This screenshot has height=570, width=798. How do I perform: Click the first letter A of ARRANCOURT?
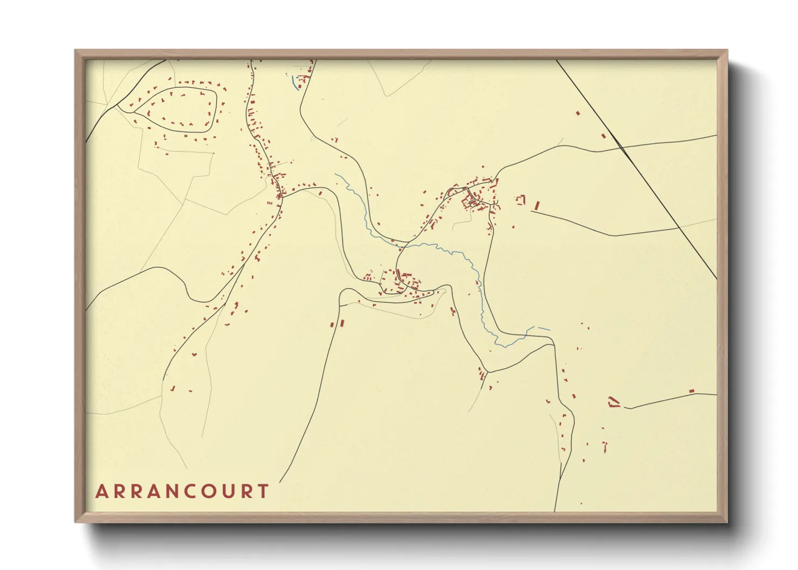coord(101,491)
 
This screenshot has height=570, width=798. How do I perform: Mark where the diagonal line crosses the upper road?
coord(620,147)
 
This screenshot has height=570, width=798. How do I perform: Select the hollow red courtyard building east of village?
coord(520,200)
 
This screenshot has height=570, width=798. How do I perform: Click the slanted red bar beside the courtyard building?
coord(536,206)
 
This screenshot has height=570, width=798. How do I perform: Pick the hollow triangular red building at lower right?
coord(614,401)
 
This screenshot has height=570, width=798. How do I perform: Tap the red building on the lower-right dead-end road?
coord(691,391)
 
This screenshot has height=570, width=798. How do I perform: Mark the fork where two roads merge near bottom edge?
coord(561,474)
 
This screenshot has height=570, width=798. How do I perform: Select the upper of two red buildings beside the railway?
coord(578,113)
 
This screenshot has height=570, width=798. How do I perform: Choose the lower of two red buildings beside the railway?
coord(603,136)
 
